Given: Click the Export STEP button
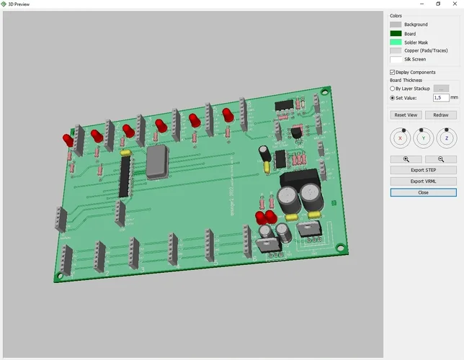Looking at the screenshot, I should [x=423, y=170].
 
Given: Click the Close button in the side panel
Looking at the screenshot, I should [x=423, y=192].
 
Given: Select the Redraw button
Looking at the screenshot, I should [x=440, y=115].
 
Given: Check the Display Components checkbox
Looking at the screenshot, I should [x=393, y=72].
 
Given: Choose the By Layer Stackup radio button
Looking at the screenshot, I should [x=393, y=89].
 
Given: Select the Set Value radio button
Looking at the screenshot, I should [x=393, y=97].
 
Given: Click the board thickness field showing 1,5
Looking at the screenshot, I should [x=440, y=97].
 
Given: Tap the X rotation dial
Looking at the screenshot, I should [x=400, y=137].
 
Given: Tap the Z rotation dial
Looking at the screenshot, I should [x=447, y=137].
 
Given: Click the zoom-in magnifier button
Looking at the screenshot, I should [x=406, y=159].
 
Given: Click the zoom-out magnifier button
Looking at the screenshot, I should [x=440, y=159].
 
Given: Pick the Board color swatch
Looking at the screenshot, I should [x=396, y=33].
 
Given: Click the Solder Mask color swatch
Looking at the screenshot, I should [x=396, y=42].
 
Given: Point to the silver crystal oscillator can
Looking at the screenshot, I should [x=158, y=162].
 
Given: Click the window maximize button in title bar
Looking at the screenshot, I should [x=437, y=4].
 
